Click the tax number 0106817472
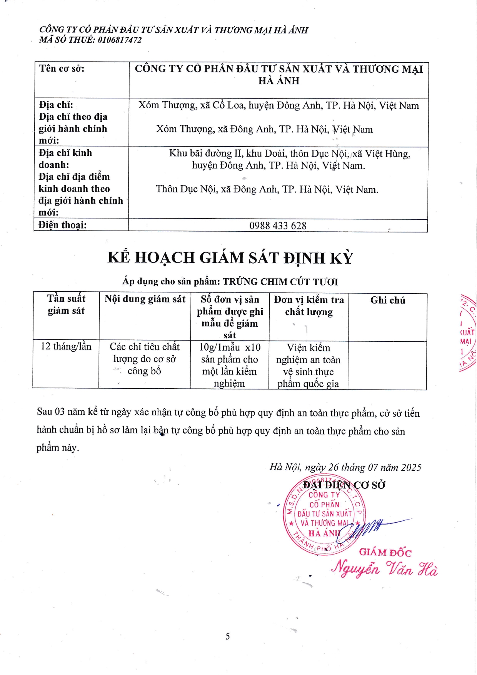(x=120, y=40)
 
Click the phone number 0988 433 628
(x=278, y=226)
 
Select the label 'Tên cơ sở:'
(x=62, y=69)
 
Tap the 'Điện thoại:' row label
(x=63, y=225)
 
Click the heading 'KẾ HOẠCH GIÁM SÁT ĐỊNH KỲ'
(x=230, y=258)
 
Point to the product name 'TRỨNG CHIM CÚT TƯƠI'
(x=280, y=282)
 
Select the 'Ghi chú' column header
(x=387, y=300)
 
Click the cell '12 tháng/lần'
(x=66, y=346)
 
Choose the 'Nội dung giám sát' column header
(x=145, y=299)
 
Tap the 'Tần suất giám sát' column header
(x=66, y=304)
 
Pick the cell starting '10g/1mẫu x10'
(x=229, y=365)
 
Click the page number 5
(x=228, y=636)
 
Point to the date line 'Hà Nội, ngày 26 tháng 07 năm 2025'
(x=345, y=467)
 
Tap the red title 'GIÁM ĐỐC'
(x=385, y=553)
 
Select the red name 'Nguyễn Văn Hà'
(x=384, y=568)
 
